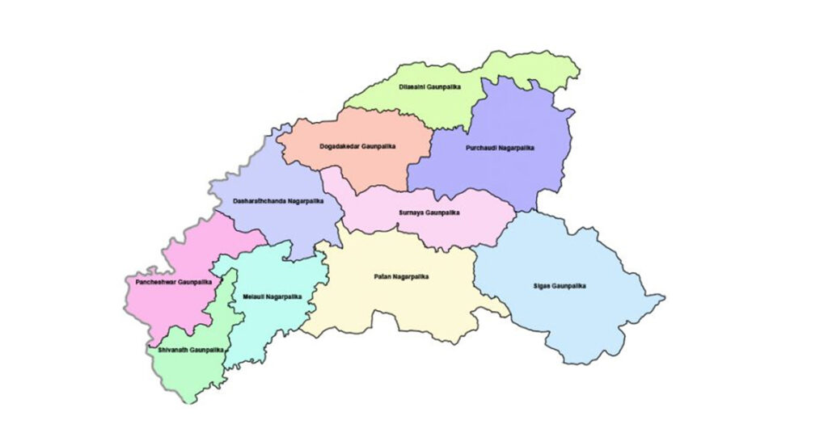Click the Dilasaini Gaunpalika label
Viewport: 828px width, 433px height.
click(x=431, y=86)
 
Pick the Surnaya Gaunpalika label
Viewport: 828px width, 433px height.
click(x=429, y=212)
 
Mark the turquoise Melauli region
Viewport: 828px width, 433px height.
click(x=267, y=323)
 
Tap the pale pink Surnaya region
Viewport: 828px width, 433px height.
click(x=453, y=226)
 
